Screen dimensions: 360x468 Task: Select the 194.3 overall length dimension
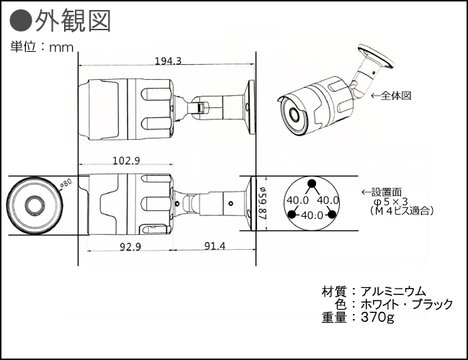(x=168, y=62)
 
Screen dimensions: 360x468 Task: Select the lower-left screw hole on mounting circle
(x=292, y=215)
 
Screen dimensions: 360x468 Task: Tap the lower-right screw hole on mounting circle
(x=331, y=215)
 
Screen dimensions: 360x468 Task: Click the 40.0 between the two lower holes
(x=311, y=215)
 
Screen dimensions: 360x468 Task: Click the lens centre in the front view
(x=33, y=204)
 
